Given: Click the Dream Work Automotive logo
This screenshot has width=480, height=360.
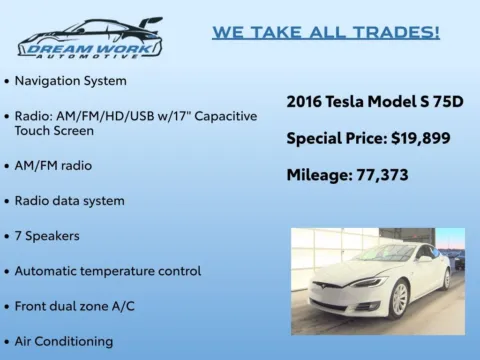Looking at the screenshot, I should (90, 38).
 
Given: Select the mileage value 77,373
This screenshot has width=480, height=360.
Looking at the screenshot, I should (375, 175).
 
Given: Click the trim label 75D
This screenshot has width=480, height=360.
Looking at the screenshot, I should (446, 101).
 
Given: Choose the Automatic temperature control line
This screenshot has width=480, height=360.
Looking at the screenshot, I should (107, 271).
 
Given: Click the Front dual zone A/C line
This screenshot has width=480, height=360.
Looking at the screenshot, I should (83, 306).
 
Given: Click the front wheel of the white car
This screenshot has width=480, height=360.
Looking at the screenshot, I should (398, 298).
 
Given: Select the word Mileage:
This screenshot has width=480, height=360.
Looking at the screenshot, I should (318, 175).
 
